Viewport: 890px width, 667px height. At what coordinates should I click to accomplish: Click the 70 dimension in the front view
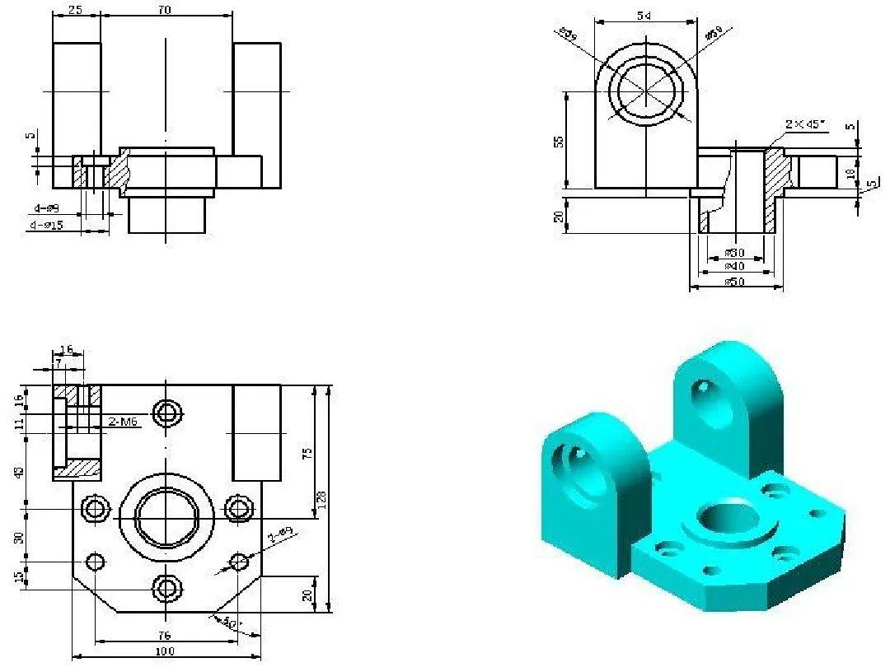[166, 10]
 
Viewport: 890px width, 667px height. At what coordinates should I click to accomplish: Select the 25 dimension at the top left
[76, 10]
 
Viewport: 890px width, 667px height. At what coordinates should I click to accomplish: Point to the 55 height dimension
[560, 141]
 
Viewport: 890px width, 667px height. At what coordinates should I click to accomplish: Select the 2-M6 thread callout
[123, 422]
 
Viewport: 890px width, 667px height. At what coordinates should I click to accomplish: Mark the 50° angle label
[230, 623]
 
